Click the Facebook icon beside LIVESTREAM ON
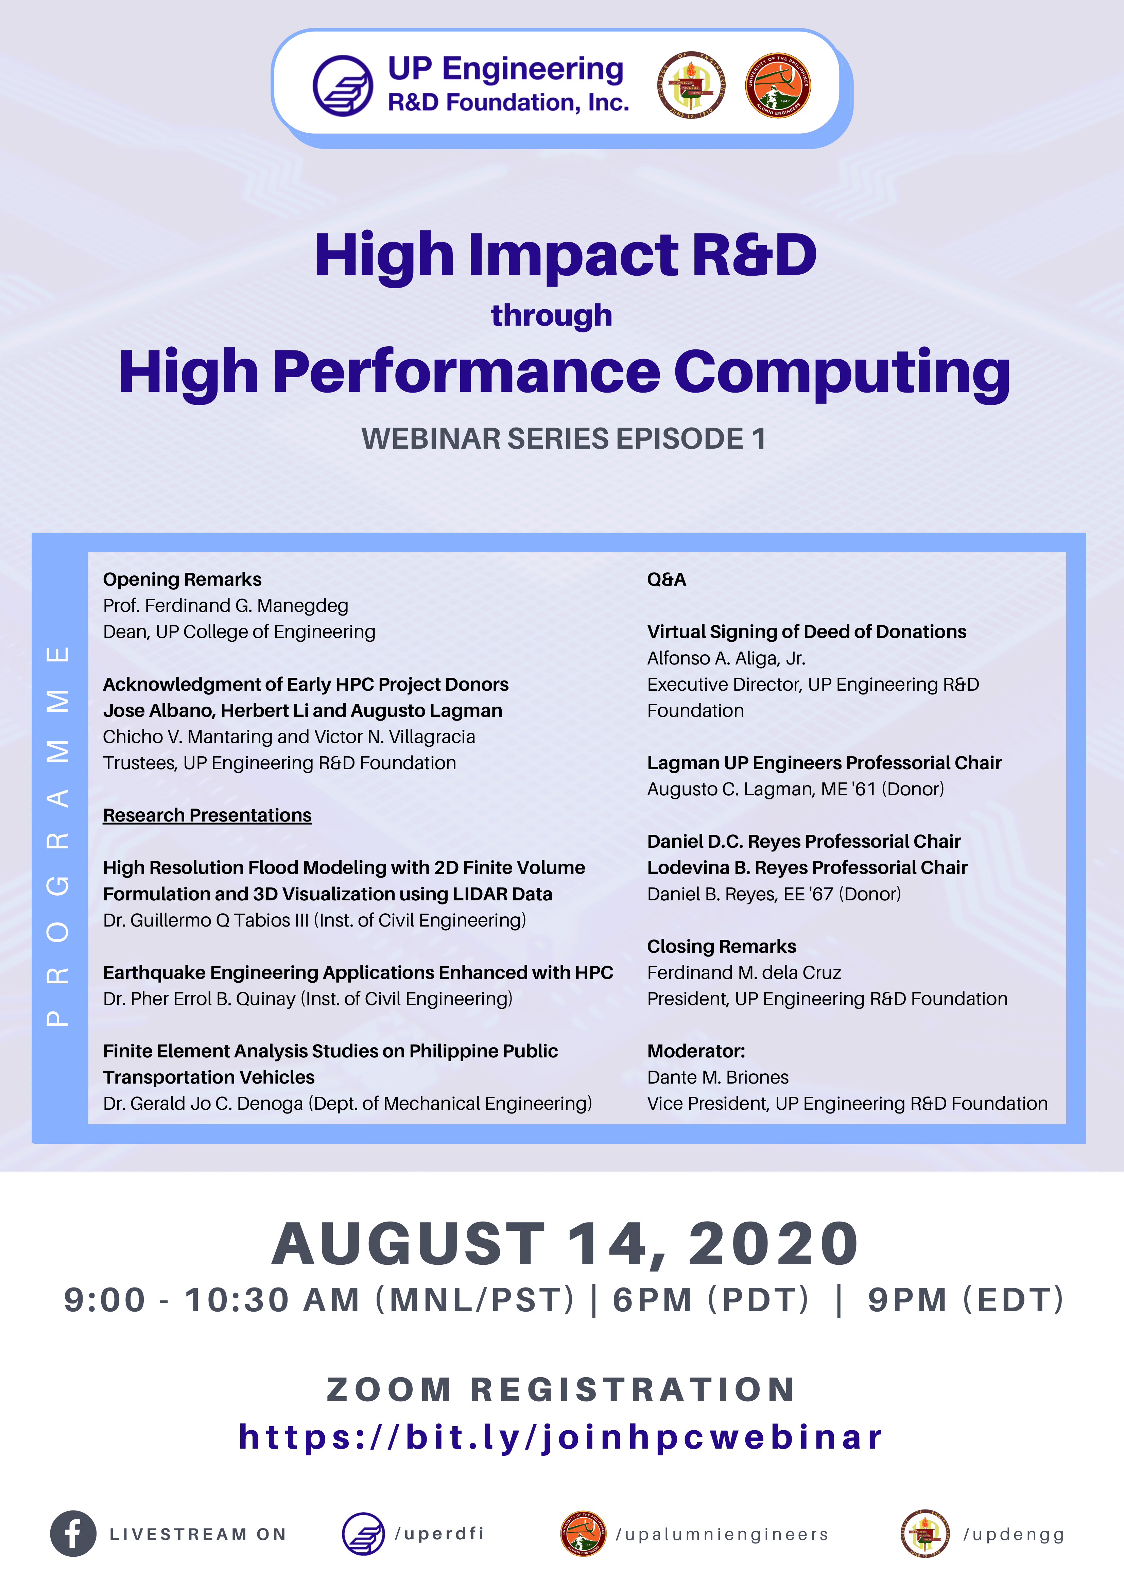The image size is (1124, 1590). [x=73, y=1533]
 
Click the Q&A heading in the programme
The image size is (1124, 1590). [x=666, y=580]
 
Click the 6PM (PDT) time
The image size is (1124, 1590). [x=711, y=1300]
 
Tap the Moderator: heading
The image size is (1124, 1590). [x=696, y=1051]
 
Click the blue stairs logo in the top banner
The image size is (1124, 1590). [x=343, y=86]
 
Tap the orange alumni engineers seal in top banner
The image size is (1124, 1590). [x=778, y=85]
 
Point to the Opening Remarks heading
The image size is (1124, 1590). [x=182, y=580]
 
